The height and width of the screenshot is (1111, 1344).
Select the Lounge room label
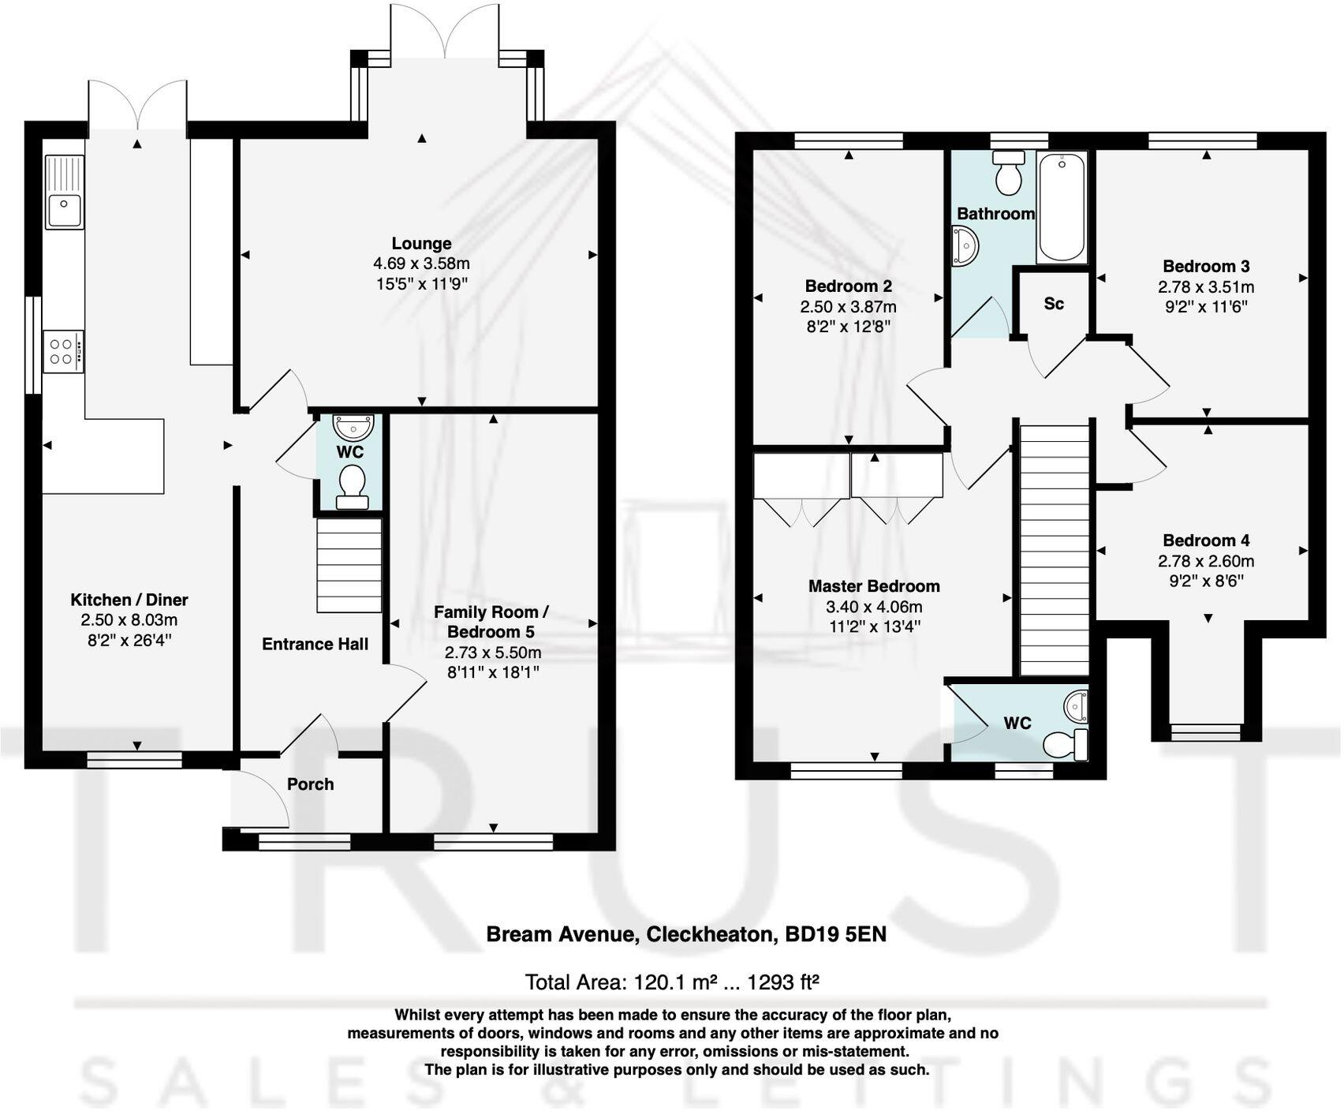[421, 244]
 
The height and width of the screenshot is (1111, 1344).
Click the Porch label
[310, 784]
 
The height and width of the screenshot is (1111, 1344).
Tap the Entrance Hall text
[315, 644]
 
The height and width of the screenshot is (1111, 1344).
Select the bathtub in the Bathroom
[1062, 207]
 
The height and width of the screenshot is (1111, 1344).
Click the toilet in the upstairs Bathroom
[1008, 174]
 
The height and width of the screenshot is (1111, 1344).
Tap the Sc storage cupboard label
[1054, 304]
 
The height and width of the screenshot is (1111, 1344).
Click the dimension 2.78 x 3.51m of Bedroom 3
[1206, 287]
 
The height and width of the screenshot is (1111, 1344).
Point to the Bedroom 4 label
[1206, 541]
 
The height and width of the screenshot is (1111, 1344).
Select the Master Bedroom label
[874, 586]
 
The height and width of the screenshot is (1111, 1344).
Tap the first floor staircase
[1055, 549]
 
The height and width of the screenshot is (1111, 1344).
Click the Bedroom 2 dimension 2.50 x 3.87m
[848, 307]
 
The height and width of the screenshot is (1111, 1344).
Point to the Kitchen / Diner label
[129, 600]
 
